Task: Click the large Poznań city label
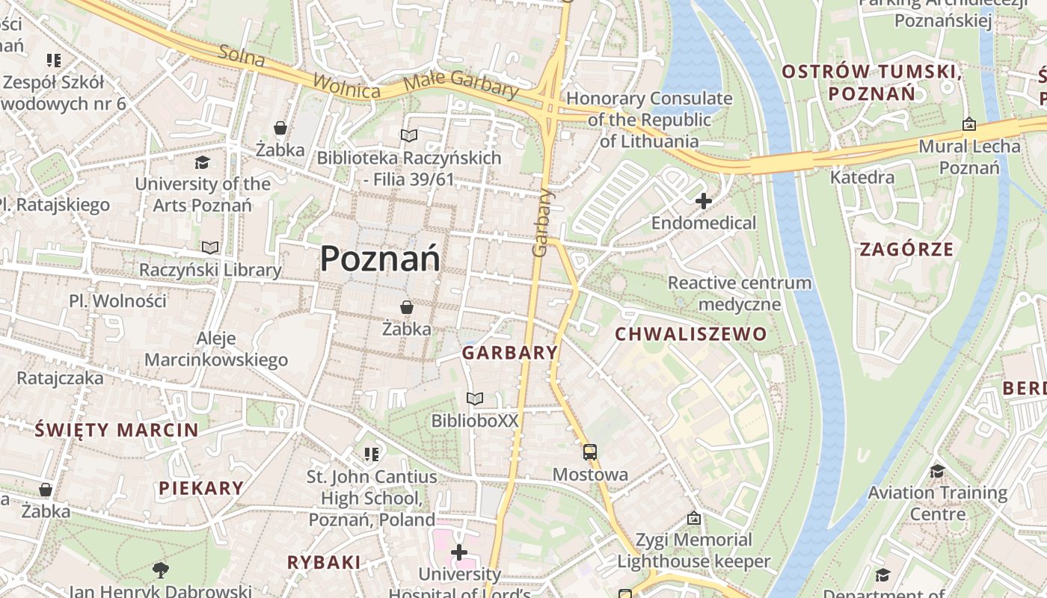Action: pyautogui.click(x=380, y=259)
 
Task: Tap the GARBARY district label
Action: pyautogui.click(x=510, y=353)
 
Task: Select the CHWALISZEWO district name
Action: pyautogui.click(x=691, y=334)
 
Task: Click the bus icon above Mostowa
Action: pyautogui.click(x=590, y=451)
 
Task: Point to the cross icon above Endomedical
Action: pyautogui.click(x=703, y=200)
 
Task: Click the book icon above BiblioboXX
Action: pyautogui.click(x=475, y=398)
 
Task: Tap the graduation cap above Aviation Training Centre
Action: pyautogui.click(x=937, y=471)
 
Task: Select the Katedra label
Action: pyautogui.click(x=862, y=177)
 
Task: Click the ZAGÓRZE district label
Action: pyautogui.click(x=906, y=249)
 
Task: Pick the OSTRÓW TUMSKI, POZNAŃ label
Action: pyautogui.click(x=871, y=82)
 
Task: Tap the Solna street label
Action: pyautogui.click(x=242, y=56)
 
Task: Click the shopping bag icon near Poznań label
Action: pyautogui.click(x=406, y=307)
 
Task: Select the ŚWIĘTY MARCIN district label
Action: pyautogui.click(x=117, y=430)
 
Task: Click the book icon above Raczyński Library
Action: pyautogui.click(x=210, y=247)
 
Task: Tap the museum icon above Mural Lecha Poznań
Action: pyautogui.click(x=969, y=124)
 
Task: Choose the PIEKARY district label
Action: pyautogui.click(x=201, y=488)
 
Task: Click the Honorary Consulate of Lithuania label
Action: pyautogui.click(x=649, y=120)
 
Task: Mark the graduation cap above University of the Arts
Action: pyautogui.click(x=202, y=162)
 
